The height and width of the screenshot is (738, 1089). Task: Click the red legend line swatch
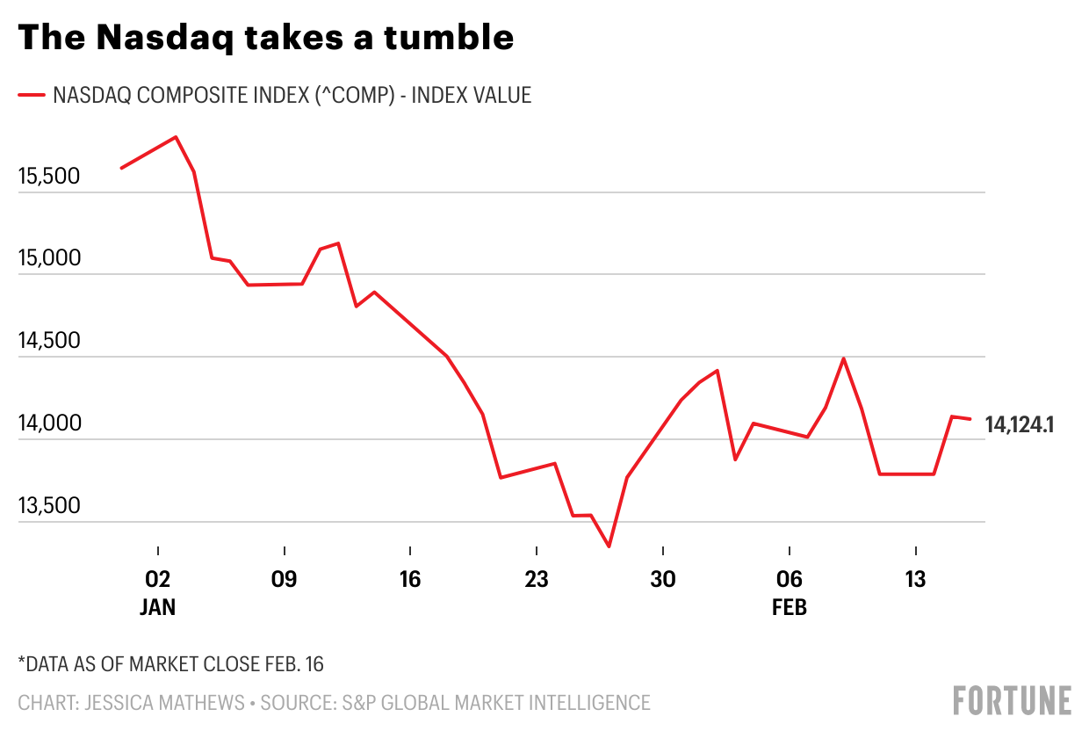click(x=31, y=95)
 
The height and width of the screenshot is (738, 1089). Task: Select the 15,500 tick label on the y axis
click(x=49, y=177)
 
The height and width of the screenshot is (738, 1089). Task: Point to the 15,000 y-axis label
click(x=49, y=259)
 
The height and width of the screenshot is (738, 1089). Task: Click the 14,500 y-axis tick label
click(x=49, y=342)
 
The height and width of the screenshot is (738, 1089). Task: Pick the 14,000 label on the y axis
click(x=49, y=423)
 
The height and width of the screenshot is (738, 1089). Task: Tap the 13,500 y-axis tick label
click(x=49, y=506)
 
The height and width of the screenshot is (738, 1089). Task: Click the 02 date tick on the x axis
click(x=158, y=580)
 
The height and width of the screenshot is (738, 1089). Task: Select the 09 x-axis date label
click(x=285, y=580)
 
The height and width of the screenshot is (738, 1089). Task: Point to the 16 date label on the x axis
click(x=410, y=580)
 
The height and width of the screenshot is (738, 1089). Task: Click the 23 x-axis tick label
click(x=537, y=580)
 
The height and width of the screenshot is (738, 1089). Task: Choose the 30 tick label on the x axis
click(x=663, y=580)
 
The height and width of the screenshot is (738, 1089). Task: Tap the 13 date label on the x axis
click(x=916, y=580)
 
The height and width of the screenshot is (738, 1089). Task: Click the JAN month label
click(x=158, y=607)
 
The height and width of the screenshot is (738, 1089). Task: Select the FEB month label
click(x=790, y=607)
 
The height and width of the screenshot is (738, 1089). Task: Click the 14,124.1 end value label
click(x=1020, y=425)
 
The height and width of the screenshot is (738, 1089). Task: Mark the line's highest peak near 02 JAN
click(x=176, y=137)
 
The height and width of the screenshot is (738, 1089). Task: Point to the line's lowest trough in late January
click(x=609, y=546)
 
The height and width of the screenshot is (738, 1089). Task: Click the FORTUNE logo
click(x=1012, y=700)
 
